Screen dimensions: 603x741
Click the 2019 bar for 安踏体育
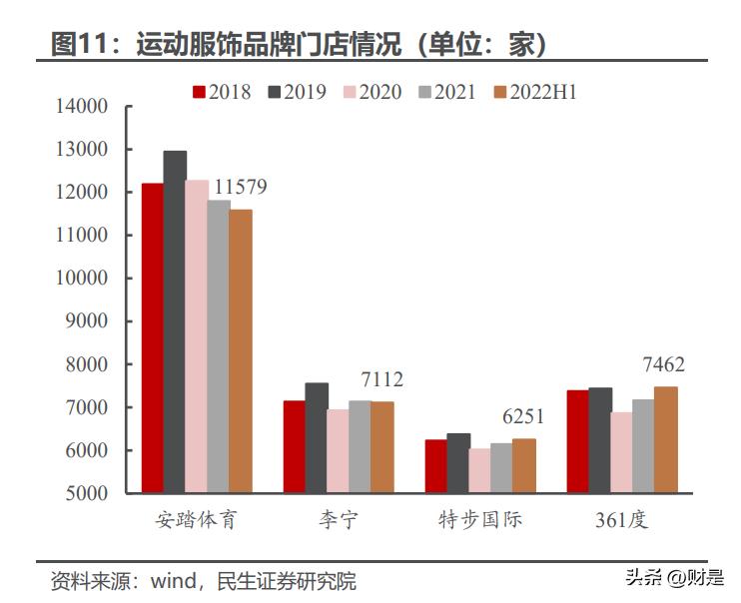(x=175, y=321)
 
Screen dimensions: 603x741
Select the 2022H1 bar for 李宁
(x=382, y=447)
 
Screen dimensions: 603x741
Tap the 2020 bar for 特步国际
(x=480, y=470)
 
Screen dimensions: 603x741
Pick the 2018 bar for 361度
(x=578, y=441)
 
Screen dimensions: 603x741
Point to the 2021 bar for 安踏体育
(x=219, y=346)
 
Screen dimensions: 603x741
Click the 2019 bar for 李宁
(x=317, y=437)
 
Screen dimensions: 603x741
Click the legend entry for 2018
(x=222, y=92)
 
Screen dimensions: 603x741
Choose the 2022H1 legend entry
(x=534, y=92)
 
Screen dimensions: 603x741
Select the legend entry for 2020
(x=371, y=92)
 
